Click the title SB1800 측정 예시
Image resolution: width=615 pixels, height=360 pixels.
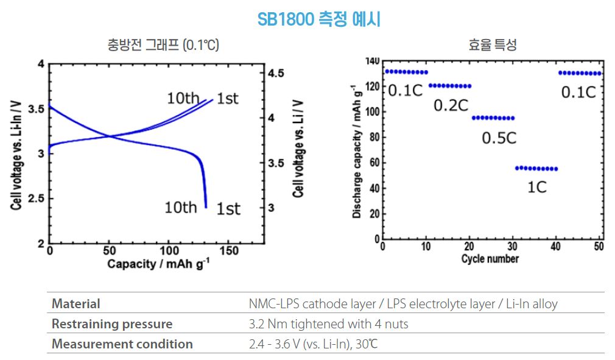pos(319,19)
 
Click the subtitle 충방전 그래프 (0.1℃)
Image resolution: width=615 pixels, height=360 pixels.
pos(163,45)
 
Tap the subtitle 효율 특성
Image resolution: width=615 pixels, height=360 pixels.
pos(493,45)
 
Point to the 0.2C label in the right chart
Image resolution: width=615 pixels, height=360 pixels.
pos(451,105)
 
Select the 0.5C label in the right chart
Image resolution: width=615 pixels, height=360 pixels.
pos(499,138)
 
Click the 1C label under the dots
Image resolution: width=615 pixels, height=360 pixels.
pos(536,187)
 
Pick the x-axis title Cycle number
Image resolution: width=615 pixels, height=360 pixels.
pos(490,259)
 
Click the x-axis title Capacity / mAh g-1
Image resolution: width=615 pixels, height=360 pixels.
pos(157,264)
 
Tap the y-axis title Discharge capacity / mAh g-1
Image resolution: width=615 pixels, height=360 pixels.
pos(357,152)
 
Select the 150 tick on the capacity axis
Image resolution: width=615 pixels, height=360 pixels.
pos(228,251)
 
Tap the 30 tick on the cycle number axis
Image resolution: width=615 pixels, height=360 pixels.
pos(511,247)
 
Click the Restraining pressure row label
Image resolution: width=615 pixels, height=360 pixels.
pos(112,323)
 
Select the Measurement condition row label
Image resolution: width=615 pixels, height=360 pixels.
pos(122,344)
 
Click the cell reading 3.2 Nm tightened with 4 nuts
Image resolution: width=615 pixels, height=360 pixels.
pos(328,323)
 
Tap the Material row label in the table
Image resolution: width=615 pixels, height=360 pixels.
pos(76,303)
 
